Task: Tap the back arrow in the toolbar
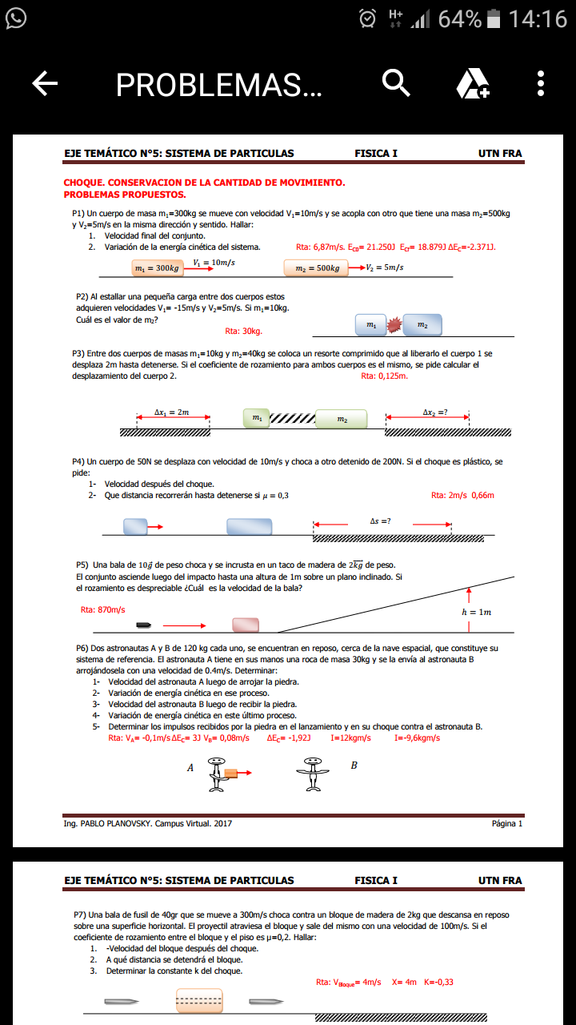click(46, 83)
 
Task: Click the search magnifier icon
click(396, 82)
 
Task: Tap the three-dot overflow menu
click(542, 83)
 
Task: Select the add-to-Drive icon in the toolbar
click(472, 83)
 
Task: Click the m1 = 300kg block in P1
click(157, 267)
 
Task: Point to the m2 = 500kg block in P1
click(316, 267)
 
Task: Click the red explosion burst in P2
click(394, 325)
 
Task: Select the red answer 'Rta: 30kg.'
click(244, 330)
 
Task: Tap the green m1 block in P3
click(256, 418)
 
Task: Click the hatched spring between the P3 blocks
click(293, 419)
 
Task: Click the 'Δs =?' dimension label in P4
click(381, 521)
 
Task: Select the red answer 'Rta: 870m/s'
click(103, 609)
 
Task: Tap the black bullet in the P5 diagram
click(144, 625)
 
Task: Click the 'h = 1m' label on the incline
click(477, 612)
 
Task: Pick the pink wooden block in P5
click(246, 625)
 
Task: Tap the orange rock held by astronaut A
click(231, 773)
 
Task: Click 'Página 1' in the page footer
click(507, 823)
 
